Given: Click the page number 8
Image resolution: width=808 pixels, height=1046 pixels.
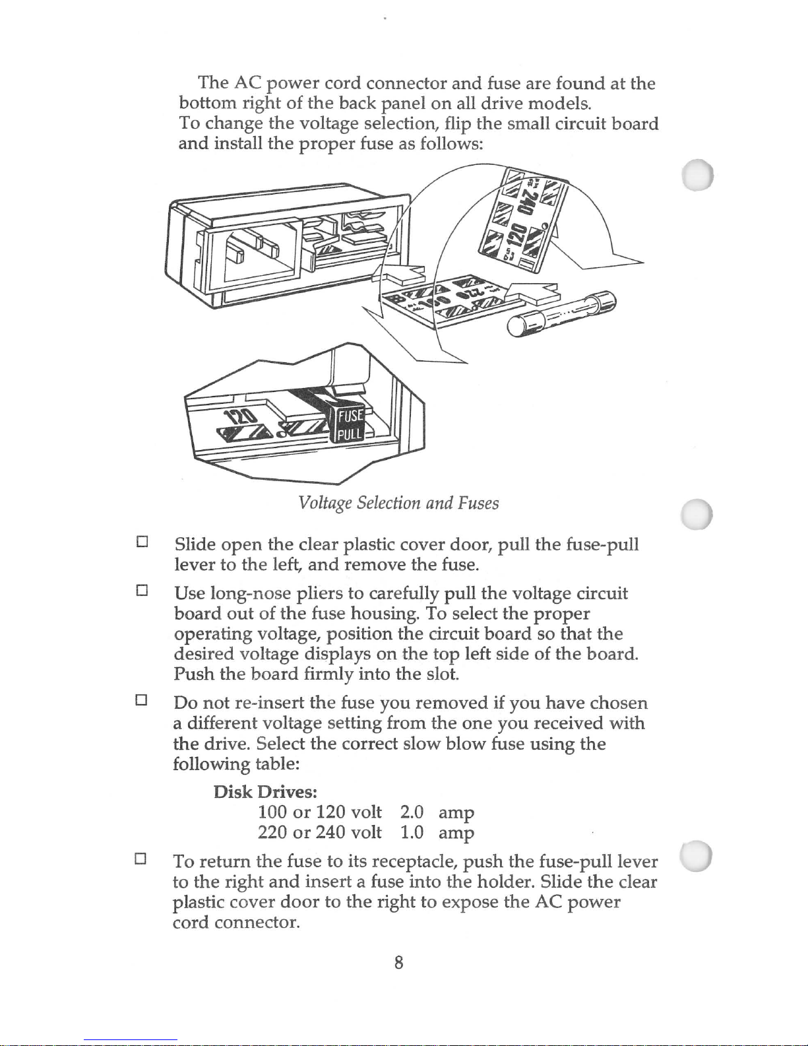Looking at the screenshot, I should (398, 963).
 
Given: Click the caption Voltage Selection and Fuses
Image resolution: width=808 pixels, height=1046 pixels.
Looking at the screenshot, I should (398, 504).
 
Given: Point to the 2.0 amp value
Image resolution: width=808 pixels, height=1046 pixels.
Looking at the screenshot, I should (437, 812).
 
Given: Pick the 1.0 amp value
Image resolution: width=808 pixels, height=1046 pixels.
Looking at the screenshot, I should (437, 832).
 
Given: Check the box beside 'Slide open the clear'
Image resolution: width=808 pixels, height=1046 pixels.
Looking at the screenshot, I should (140, 542).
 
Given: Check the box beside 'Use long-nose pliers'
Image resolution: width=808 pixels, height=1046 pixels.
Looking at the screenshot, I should (140, 591).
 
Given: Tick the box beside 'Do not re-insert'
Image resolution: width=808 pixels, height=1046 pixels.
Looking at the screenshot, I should (140, 700).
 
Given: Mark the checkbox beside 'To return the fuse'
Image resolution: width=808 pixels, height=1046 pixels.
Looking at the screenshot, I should (140, 859).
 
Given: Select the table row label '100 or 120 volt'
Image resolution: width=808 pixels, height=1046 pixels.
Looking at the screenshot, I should (320, 812).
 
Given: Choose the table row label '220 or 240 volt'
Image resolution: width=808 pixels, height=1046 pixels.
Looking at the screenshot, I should (320, 832).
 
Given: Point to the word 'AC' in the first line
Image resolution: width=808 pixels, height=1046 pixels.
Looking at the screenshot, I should (249, 83).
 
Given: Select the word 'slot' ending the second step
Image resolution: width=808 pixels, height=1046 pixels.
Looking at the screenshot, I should (440, 674).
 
